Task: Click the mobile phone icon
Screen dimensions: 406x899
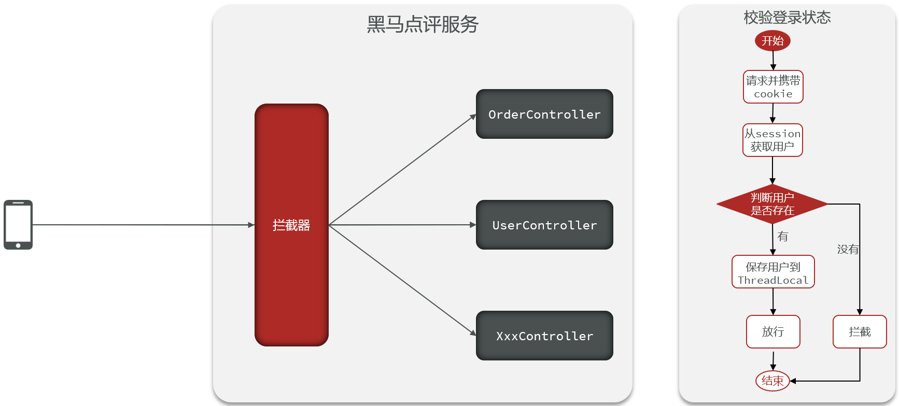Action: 18,225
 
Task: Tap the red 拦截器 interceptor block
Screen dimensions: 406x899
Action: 291,225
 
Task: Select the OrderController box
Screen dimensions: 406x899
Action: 544,114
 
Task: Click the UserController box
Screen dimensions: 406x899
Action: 544,225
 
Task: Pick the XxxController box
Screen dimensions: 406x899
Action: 544,336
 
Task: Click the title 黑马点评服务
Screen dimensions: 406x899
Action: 423,24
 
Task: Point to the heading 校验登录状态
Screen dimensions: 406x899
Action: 787,18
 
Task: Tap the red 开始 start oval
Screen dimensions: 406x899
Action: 772,41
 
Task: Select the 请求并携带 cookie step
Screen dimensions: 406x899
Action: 773,87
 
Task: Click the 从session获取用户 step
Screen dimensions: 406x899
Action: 772,140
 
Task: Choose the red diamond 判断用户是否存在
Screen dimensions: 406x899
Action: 772,204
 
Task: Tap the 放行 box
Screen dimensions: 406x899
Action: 773,331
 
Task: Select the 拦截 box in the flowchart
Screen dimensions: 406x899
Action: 860,331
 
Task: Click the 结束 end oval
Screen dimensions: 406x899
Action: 772,381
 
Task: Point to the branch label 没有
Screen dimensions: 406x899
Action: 848,250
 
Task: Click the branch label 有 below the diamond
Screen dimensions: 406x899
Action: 783,237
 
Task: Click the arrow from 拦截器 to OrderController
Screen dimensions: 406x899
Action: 402,170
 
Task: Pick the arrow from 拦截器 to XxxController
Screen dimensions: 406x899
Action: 402,280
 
